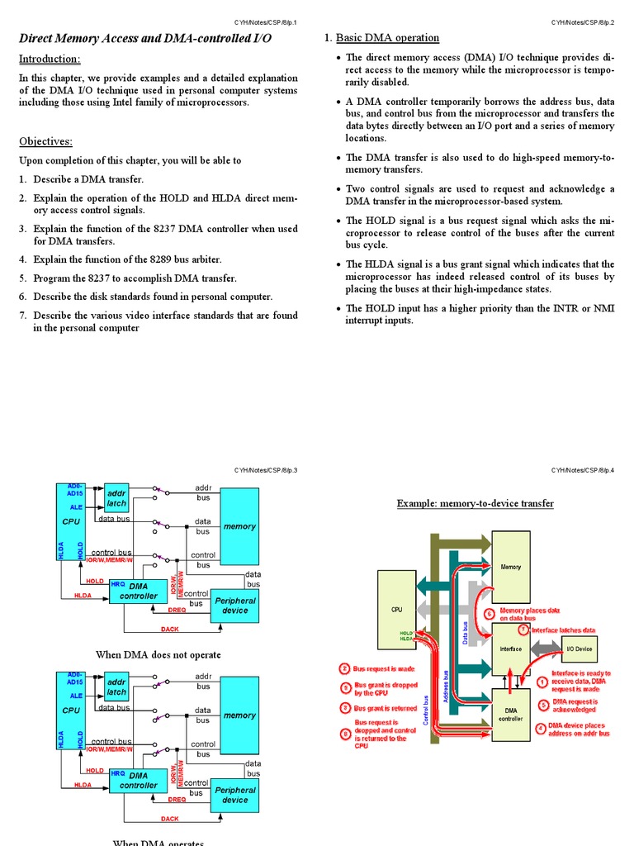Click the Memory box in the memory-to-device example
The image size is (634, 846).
511,568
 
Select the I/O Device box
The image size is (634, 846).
579,649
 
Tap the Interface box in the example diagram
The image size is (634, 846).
511,649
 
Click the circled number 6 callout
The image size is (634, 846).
489,614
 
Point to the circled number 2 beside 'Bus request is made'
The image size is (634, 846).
345,668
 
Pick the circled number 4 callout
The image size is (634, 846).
540,728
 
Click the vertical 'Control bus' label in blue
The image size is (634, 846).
426,711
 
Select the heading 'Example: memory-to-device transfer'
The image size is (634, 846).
475,503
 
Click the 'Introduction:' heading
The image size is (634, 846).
50,59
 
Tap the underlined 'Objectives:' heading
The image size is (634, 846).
46,141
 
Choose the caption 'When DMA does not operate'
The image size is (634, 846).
158,654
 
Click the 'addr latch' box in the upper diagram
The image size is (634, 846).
116,498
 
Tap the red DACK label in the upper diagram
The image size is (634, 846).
169,630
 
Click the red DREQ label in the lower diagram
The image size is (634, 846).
177,800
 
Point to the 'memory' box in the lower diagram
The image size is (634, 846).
239,715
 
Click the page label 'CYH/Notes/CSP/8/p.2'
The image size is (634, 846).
583,21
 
